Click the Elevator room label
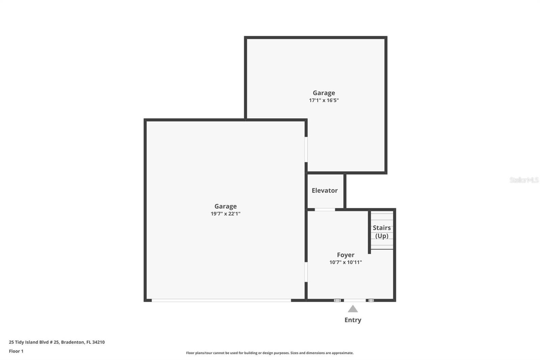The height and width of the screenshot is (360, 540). coord(324,190)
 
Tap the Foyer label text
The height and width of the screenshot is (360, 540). coord(346,255)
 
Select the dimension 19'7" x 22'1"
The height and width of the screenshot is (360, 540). coord(225,213)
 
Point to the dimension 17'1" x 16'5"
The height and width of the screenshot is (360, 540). coord(324,100)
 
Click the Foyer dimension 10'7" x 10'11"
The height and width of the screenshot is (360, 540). coord(346,262)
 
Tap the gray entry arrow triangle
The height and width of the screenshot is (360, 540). coord(353,309)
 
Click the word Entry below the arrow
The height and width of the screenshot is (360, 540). coord(353,320)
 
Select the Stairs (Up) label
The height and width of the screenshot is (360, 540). coord(382,232)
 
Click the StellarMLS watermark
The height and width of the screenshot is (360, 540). coord(524,180)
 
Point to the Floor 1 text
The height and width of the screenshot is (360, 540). coord(16,351)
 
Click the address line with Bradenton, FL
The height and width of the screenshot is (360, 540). coord(57,342)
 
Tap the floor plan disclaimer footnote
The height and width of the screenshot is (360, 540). coord(270,353)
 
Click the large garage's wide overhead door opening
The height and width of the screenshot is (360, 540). coord(221,301)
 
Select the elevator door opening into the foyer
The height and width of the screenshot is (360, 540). coord(325,210)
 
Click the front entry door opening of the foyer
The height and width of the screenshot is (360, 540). coord(355,301)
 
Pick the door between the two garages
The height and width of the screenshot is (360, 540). coord(306,150)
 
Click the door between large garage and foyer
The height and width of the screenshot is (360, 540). coord(306,272)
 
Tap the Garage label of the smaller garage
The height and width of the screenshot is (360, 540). coord(324,93)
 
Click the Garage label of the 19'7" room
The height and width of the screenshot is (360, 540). coord(225,206)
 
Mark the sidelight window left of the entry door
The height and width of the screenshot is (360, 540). coord(337,301)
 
